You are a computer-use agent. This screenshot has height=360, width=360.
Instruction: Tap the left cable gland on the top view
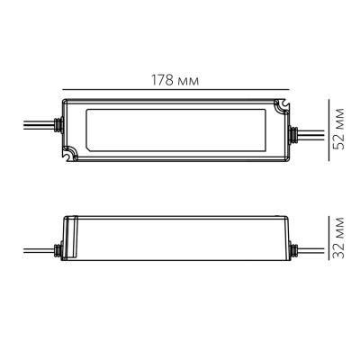click(58, 132)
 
